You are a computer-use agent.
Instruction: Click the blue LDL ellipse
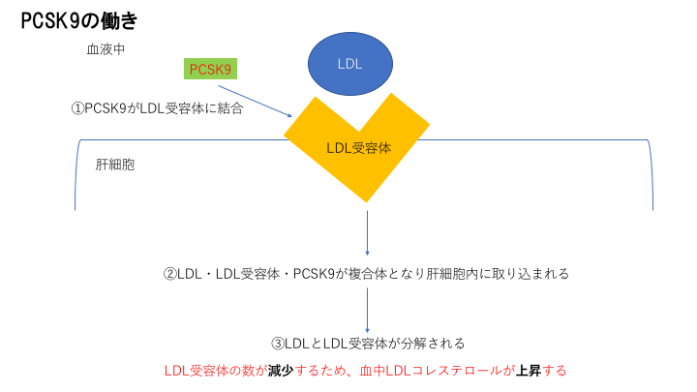pos(349,62)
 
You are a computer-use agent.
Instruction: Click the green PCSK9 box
pos(211,70)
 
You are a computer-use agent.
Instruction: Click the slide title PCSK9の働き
pos(83,19)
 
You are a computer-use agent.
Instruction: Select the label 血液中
pos(106,49)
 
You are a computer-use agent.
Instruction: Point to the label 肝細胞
pos(114,165)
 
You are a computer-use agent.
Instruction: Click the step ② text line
pos(365,274)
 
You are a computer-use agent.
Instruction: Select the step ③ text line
pos(368,343)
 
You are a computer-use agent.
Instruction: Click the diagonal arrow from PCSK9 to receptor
pos(260,100)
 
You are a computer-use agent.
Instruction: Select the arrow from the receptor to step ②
pos(368,232)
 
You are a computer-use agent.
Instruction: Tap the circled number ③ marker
pos(277,343)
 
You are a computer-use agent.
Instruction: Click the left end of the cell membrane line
pos(76,194)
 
